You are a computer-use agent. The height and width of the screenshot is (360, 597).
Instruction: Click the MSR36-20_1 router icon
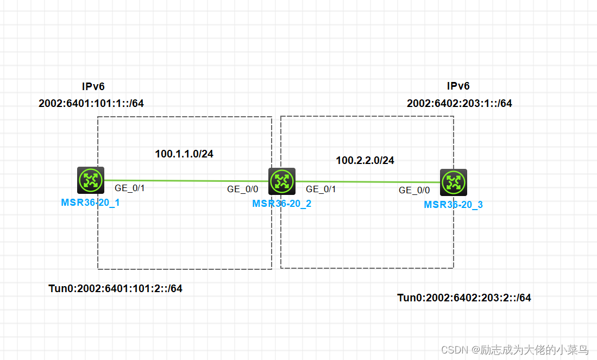pyautogui.click(x=90, y=180)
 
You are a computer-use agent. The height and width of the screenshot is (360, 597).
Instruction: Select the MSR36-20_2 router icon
pyautogui.click(x=282, y=181)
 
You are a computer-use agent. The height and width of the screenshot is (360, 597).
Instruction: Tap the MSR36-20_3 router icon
pyautogui.click(x=453, y=182)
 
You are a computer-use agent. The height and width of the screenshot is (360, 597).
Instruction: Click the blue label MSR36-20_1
pyautogui.click(x=90, y=203)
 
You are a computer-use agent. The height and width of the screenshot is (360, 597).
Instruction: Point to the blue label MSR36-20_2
pyautogui.click(x=281, y=204)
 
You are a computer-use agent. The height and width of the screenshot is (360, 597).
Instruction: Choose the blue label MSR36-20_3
pyautogui.click(x=453, y=205)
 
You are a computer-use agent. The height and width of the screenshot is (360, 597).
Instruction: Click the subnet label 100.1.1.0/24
pyautogui.click(x=184, y=154)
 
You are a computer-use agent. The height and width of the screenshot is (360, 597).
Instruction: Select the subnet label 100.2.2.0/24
pyautogui.click(x=365, y=160)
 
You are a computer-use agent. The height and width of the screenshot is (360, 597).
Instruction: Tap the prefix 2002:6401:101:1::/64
pyautogui.click(x=91, y=103)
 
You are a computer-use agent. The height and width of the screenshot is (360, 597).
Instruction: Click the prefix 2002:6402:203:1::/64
pyautogui.click(x=460, y=103)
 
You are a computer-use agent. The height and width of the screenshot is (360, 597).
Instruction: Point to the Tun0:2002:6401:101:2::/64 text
pyautogui.click(x=116, y=288)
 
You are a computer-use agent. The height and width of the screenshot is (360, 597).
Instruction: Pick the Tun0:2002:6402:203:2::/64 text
pyautogui.click(x=464, y=298)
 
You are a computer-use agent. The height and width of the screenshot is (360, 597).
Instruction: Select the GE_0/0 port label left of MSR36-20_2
pyautogui.click(x=243, y=189)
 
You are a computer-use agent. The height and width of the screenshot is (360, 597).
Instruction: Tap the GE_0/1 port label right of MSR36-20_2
pyautogui.click(x=321, y=189)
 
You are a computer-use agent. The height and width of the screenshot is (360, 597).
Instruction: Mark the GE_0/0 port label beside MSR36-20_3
pyautogui.click(x=414, y=190)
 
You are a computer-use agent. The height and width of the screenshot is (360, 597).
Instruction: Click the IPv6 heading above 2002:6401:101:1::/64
pyautogui.click(x=93, y=86)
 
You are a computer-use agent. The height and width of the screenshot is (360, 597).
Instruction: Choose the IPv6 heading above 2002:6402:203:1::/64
pyautogui.click(x=458, y=86)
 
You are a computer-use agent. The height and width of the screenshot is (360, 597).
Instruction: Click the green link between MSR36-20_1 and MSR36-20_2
pyautogui.click(x=185, y=180)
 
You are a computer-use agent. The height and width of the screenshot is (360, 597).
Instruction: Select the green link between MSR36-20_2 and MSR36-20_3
pyautogui.click(x=367, y=182)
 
